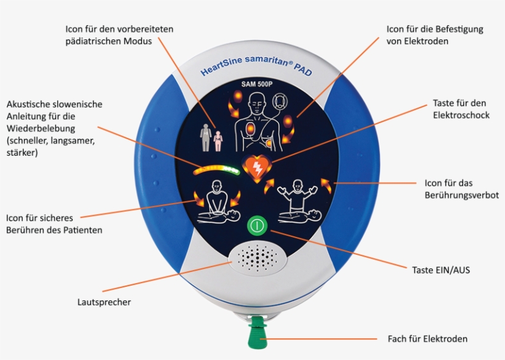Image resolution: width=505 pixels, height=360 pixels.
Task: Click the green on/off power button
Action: click(257, 225)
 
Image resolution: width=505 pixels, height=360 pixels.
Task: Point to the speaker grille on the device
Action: click(257, 257)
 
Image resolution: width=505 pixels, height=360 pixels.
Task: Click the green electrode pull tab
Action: click(257, 332)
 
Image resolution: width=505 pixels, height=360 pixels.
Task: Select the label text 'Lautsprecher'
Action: click(104, 302)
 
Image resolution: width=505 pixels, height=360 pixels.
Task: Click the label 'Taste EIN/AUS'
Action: click(441, 270)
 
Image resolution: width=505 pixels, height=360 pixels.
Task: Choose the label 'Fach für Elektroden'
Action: click(427, 338)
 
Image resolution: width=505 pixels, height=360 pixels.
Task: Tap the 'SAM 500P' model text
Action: click(257, 84)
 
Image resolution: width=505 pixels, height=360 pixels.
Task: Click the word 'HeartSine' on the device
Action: click(221, 65)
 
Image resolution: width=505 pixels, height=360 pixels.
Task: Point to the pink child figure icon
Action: click(218, 141)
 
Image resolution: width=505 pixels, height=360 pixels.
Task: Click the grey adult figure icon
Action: click(206, 138)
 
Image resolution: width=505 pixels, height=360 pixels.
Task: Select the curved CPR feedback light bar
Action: click(216, 169)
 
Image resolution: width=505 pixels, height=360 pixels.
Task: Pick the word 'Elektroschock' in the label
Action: click(461, 115)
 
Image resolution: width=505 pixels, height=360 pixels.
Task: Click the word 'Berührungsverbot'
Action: click(461, 195)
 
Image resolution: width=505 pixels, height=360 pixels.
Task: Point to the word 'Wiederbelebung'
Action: click(41, 129)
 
